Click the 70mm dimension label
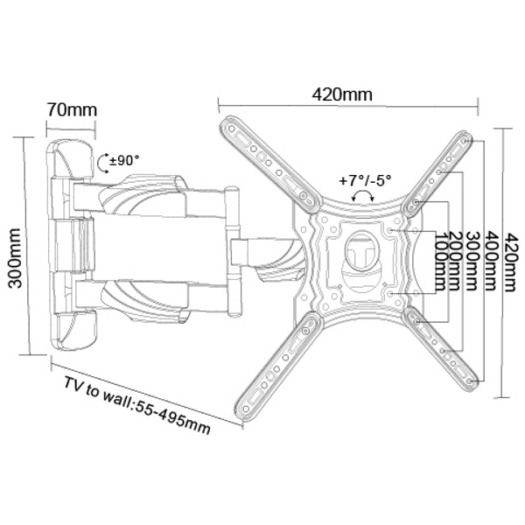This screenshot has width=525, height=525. pyautogui.click(x=72, y=110)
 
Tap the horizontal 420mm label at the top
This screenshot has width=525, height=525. pyautogui.click(x=342, y=94)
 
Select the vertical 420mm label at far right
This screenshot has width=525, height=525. pyautogui.click(x=511, y=262)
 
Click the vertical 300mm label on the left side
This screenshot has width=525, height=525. pyautogui.click(x=15, y=258)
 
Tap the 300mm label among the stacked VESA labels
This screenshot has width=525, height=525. pyautogui.click(x=472, y=261)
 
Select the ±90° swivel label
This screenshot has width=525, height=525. pyautogui.click(x=124, y=160)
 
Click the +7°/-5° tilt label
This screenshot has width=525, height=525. pyautogui.click(x=365, y=181)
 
